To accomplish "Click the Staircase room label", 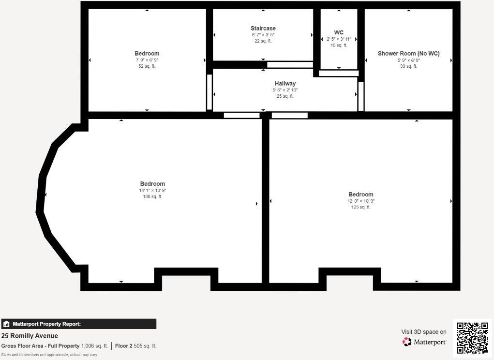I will pos(263,29).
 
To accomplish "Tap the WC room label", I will pos(339,32).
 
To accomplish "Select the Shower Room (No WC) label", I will pos(408,54).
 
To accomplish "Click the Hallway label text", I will pos(285,84).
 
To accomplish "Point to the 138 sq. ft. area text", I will pos(152,196).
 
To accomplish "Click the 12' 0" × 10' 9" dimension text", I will pos(360,201).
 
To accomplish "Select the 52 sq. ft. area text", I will pos(147,66).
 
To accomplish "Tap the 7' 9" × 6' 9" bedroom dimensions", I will pos(147,60).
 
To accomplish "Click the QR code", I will pos(472,338).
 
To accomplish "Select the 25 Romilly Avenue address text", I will pos(30,336).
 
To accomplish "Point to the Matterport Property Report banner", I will pos(78,324).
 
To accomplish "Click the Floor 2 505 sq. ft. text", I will pos(135,346).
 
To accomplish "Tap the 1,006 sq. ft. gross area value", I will pos(94,346).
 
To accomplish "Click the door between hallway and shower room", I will pos(360,96).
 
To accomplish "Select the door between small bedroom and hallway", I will pos(209,92).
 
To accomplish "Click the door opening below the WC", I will pos(338,74).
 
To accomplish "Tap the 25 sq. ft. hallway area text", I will pos(285,96).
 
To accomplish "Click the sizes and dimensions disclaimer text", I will pos(49,355).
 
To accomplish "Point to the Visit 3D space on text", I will pos(423,332).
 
